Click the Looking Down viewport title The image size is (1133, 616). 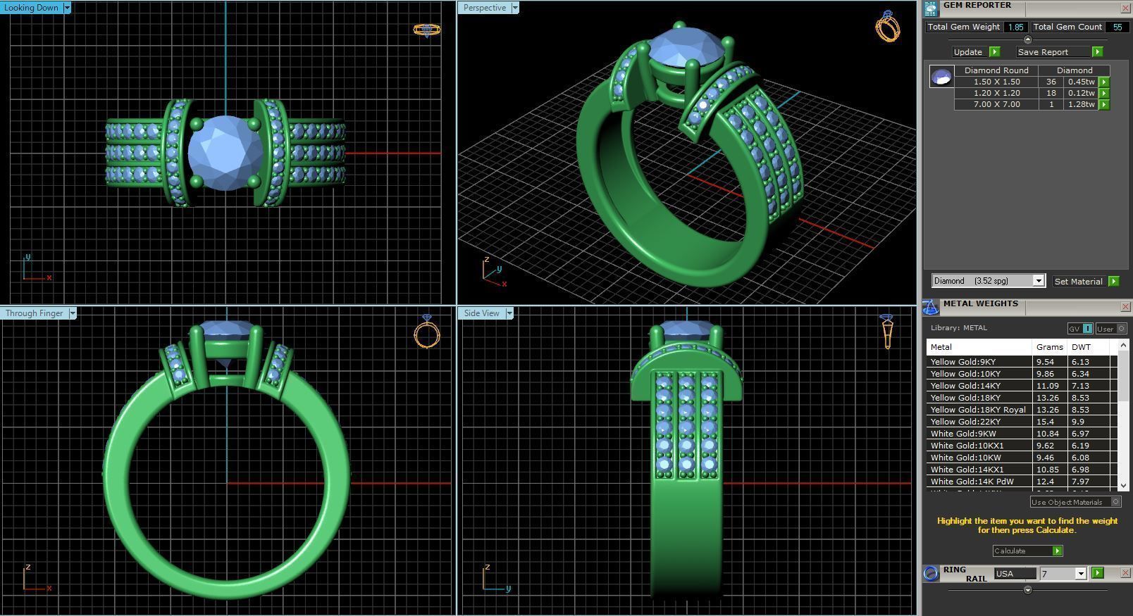(31, 8)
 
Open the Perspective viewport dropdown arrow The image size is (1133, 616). (515, 8)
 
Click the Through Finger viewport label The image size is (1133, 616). (34, 313)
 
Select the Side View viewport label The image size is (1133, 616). (481, 313)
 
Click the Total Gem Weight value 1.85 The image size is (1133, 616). (1015, 27)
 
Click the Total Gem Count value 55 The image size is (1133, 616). (1117, 27)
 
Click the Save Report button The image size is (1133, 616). (1043, 52)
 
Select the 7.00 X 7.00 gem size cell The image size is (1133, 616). (996, 104)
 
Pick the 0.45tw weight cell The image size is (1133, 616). (1081, 82)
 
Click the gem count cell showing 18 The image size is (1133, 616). (1051, 93)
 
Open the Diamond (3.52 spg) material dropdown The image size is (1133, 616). (1038, 281)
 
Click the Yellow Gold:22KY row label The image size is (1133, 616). (965, 422)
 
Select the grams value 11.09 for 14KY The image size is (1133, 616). (1046, 386)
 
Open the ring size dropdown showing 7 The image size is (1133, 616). (1080, 574)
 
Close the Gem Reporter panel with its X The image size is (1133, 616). (1125, 8)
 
